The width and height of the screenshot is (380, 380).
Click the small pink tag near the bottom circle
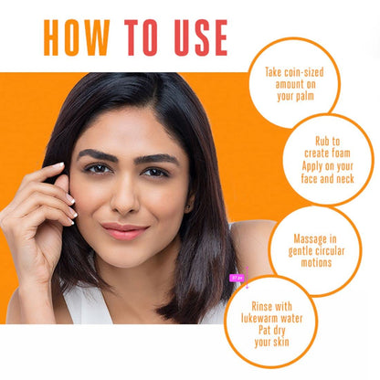237,278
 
